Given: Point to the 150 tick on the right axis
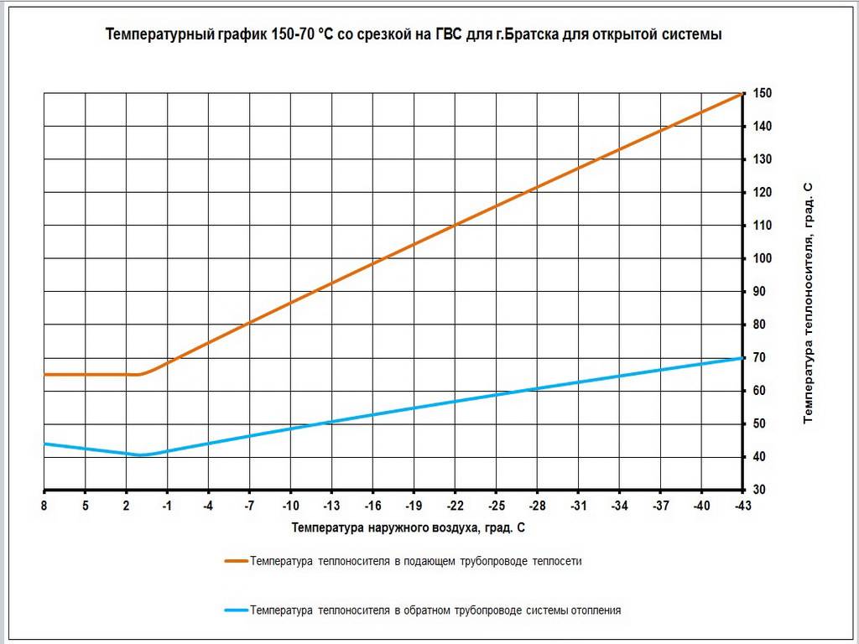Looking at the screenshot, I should coord(762,93).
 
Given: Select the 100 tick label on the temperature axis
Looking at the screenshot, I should coord(762,258).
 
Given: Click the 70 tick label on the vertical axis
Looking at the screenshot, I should coord(760,358).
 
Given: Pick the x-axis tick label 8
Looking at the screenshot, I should coord(44,506).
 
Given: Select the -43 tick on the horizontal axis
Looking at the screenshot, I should coord(742,506).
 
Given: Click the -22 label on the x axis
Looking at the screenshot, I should coord(455,506).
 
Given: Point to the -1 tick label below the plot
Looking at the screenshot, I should coord(167,506).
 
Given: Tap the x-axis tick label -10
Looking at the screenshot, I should coord(290,506).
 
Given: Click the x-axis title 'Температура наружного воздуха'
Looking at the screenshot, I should coord(409,528).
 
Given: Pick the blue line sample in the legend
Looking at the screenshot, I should coord(236,610).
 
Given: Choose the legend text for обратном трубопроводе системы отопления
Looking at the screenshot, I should coord(435,610).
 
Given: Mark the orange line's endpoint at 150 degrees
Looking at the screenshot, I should coord(742,93).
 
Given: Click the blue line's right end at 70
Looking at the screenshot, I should coord(742,358).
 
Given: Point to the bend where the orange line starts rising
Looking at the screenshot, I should coord(139,374).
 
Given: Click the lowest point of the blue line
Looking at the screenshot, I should coord(140,455).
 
